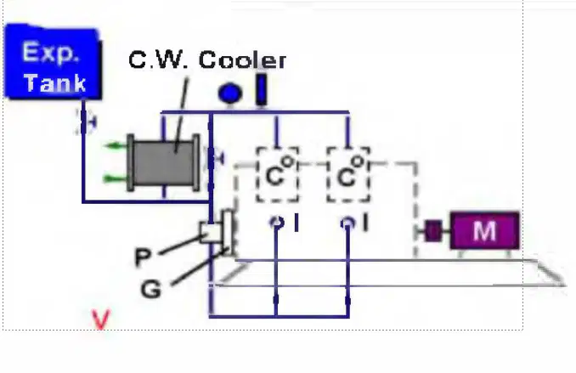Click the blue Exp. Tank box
click(53, 61)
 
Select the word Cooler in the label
click(242, 59)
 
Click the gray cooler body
click(163, 163)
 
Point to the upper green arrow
click(116, 146)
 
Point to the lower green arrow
click(116, 179)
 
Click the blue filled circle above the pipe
click(230, 93)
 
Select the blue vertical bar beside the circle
click(261, 90)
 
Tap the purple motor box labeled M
click(485, 230)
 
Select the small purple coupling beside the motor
click(433, 231)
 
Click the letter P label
click(143, 257)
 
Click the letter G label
click(151, 289)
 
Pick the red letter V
click(101, 319)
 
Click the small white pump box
click(211, 232)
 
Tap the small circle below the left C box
click(277, 223)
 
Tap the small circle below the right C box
click(347, 223)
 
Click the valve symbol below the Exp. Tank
click(85, 122)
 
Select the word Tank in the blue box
click(54, 82)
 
